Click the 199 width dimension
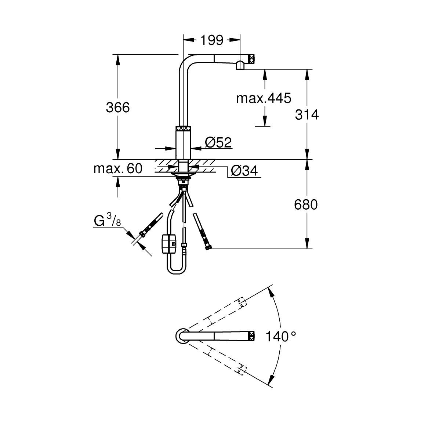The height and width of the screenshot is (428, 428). tap(212, 40)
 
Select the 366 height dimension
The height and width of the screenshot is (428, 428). tap(118, 108)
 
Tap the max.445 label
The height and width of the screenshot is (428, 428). tap(263, 98)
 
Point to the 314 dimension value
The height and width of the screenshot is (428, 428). tap(307, 115)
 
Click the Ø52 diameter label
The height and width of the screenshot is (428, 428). tap(218, 142)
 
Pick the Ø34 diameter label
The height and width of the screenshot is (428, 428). tap(244, 171)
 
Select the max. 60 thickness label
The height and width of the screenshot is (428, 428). tap(117, 168)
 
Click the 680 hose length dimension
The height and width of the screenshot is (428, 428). tap(306, 204)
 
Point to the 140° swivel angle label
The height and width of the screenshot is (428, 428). tap(281, 336)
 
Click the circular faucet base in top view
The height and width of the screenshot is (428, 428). tap(181, 336)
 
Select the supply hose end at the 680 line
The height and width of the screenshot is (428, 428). tap(208, 249)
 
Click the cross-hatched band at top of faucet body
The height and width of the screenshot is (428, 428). tap(183, 128)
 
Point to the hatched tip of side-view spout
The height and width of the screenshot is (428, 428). tap(251, 58)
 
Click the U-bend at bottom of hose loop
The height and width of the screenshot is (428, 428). tap(176, 272)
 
